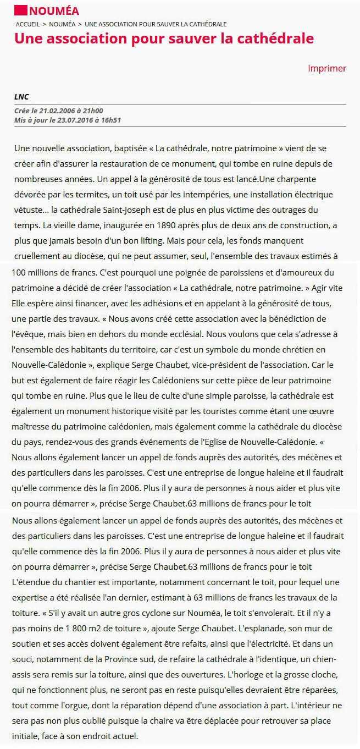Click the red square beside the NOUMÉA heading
tap(21, 10)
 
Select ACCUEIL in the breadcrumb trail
tap(27, 24)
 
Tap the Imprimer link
tap(327, 69)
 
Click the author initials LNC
tap(21, 97)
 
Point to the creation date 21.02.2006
tap(57, 111)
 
